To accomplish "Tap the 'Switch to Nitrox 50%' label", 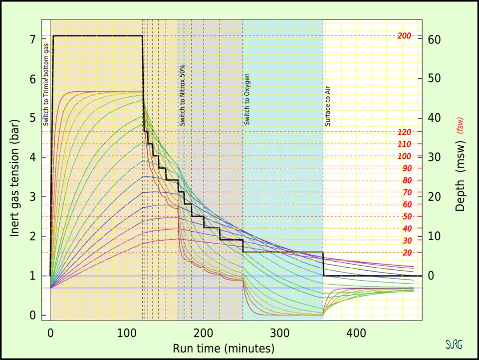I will (183, 95).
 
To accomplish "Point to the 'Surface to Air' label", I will (328, 105).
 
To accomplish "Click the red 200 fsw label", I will (404, 36).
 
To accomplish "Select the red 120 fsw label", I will (404, 132).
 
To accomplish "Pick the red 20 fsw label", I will (407, 253).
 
